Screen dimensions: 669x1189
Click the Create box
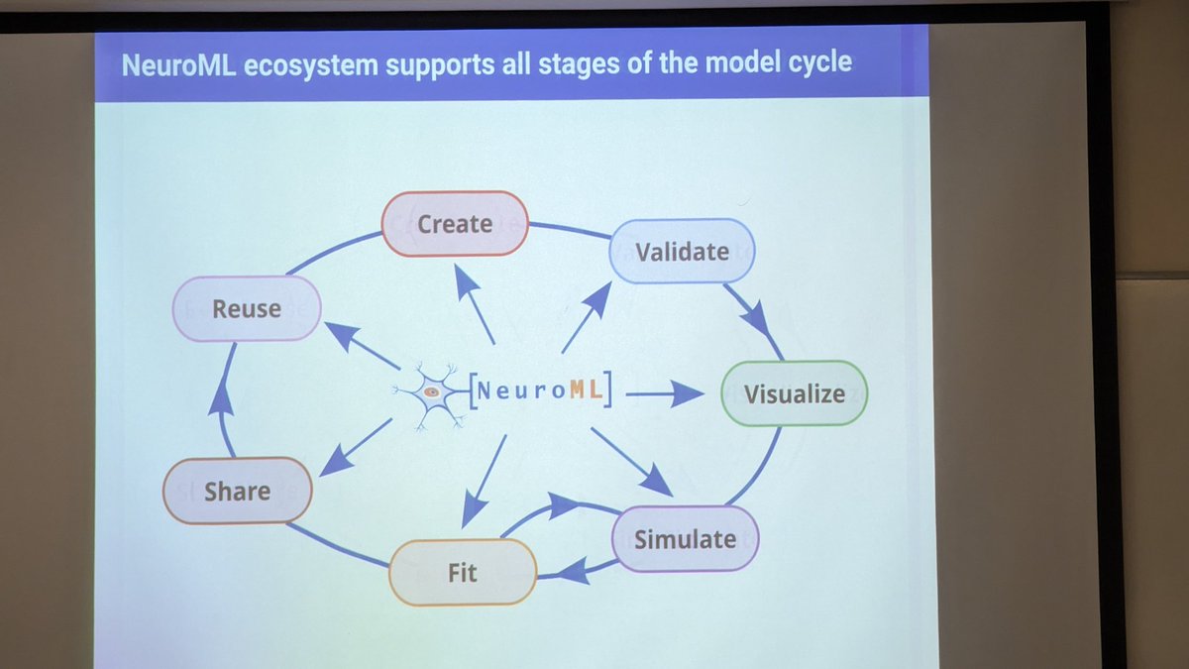(x=455, y=224)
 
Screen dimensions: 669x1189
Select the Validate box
(x=682, y=252)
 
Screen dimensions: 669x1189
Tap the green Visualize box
(x=794, y=393)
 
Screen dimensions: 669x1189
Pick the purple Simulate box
(x=685, y=539)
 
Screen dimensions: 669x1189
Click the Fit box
(x=463, y=572)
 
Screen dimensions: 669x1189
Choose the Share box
(x=237, y=491)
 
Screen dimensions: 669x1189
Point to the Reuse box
(x=247, y=308)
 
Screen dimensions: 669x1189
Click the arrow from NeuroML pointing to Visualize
(x=664, y=394)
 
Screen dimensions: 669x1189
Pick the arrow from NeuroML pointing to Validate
(x=587, y=316)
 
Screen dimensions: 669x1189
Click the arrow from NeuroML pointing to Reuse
(x=362, y=347)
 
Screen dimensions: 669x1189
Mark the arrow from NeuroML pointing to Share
(x=356, y=446)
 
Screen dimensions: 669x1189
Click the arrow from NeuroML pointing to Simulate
(x=631, y=461)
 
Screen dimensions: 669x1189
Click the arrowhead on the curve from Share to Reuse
(x=222, y=399)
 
